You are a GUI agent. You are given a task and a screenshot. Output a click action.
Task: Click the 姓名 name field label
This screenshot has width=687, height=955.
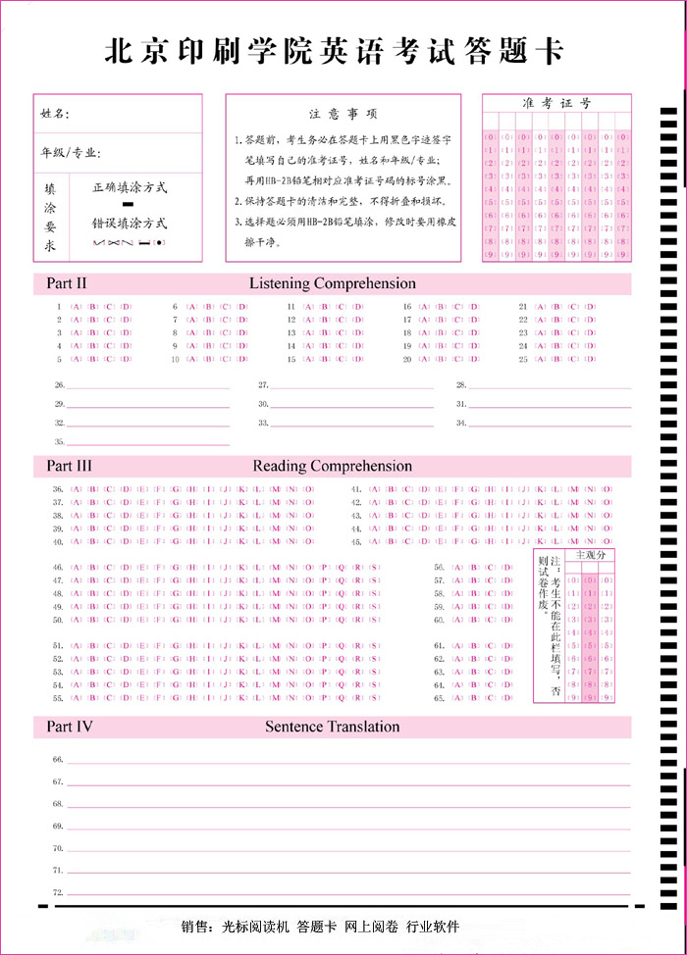54,114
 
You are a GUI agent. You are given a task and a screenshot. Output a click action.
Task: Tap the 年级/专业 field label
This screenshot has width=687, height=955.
71,154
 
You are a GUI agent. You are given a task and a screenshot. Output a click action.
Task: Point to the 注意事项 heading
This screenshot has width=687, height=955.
343,114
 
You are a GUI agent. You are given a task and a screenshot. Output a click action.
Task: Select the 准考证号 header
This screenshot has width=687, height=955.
556,103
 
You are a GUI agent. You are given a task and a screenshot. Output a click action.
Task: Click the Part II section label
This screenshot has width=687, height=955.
67,283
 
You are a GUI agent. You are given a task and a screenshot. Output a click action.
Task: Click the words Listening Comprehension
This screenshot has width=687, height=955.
332,283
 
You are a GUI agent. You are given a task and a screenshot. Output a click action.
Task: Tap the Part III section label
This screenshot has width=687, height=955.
69,466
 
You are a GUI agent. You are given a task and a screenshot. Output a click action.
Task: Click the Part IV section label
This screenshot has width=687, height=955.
70,727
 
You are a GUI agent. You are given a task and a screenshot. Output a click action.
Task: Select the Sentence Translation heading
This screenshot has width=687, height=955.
332,727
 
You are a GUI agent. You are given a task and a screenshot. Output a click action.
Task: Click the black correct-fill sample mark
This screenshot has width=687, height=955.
128,203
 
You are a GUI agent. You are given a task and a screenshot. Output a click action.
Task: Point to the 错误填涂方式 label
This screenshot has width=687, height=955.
130,224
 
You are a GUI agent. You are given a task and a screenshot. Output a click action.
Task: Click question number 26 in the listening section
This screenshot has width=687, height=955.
59,385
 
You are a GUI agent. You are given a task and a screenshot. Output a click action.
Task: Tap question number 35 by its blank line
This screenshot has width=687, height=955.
59,442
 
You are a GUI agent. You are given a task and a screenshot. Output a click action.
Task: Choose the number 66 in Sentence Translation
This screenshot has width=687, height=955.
58,760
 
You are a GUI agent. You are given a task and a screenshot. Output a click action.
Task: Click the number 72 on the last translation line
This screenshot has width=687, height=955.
58,892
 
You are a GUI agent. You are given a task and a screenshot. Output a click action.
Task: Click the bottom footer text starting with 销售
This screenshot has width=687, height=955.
320,927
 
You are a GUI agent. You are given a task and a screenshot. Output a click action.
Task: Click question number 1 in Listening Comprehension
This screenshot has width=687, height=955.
60,306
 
